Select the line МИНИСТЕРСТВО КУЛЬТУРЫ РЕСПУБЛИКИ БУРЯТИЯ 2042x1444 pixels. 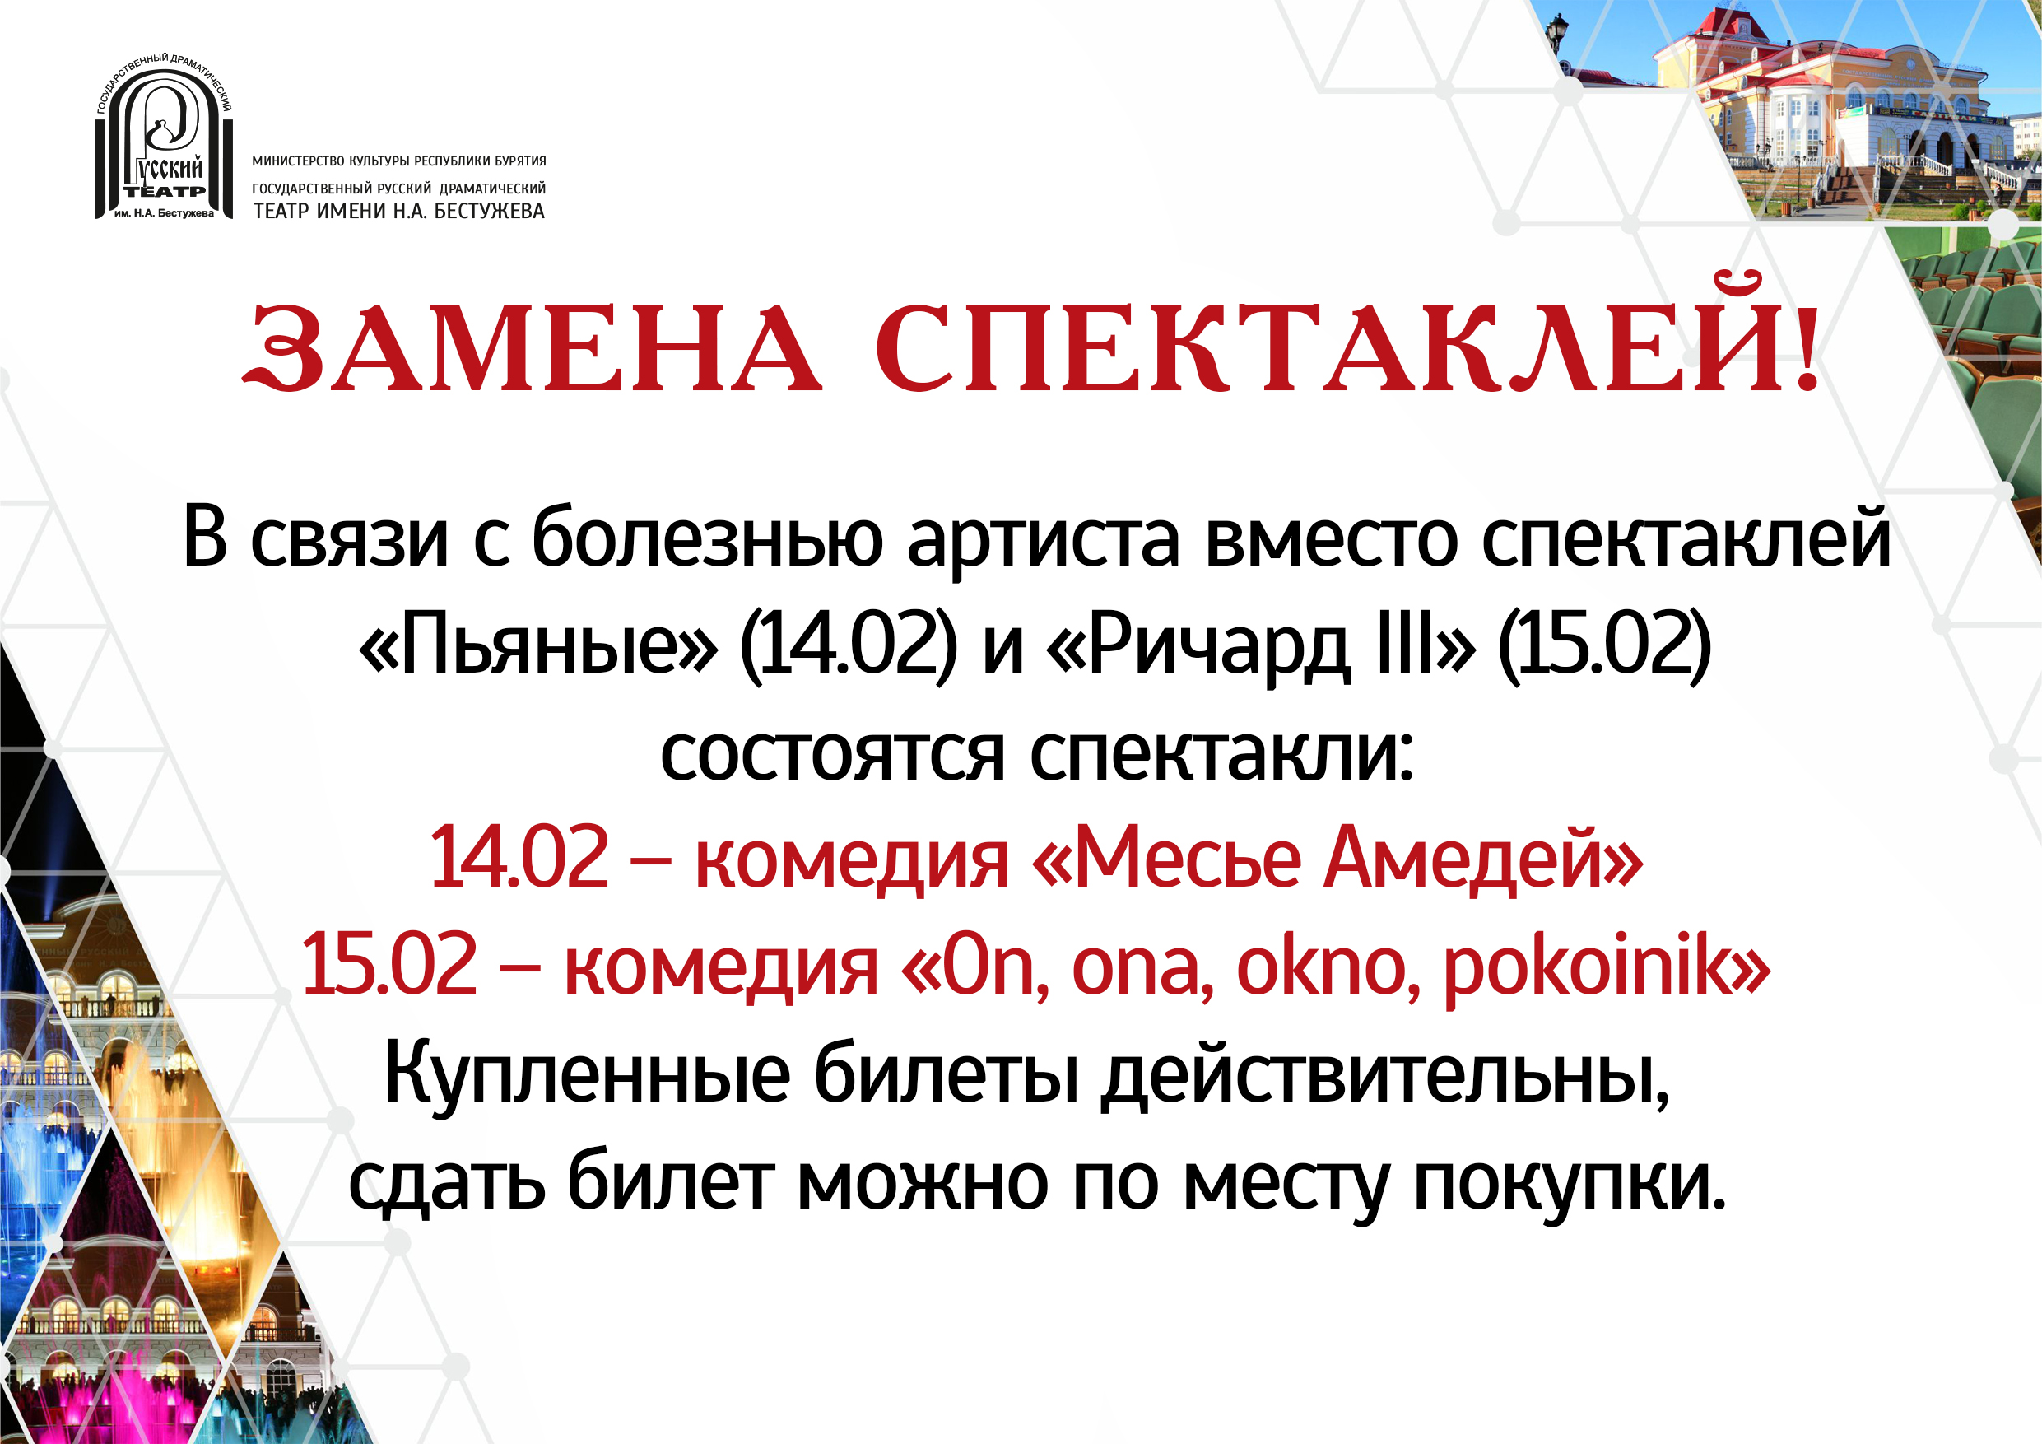399,161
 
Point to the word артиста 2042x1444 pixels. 1044,539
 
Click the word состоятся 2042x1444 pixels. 832,756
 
